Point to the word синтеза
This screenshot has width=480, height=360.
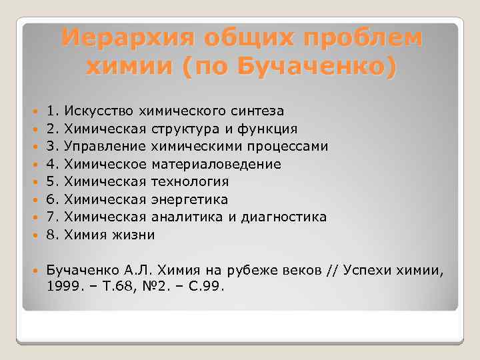pos(258,110)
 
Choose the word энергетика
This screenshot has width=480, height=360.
pos(190,199)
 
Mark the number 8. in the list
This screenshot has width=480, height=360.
pos(54,235)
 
